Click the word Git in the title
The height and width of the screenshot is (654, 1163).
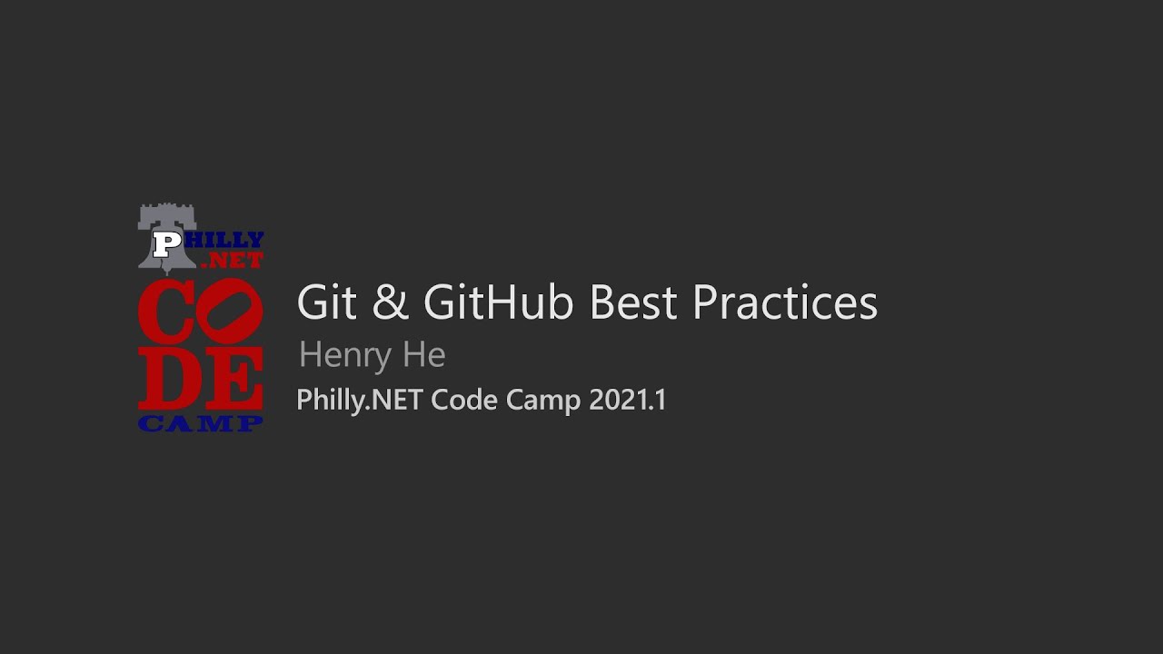(327, 302)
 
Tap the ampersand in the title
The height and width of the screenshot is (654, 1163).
(390, 302)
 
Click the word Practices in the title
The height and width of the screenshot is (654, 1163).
(784, 302)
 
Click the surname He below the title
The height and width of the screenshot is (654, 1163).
(423, 354)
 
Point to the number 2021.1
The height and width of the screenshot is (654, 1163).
(627, 400)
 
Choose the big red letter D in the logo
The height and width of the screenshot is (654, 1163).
(166, 378)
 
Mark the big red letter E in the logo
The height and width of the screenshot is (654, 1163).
(233, 378)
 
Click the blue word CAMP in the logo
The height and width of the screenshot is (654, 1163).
(201, 423)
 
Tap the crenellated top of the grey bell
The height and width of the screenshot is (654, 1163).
(167, 213)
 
